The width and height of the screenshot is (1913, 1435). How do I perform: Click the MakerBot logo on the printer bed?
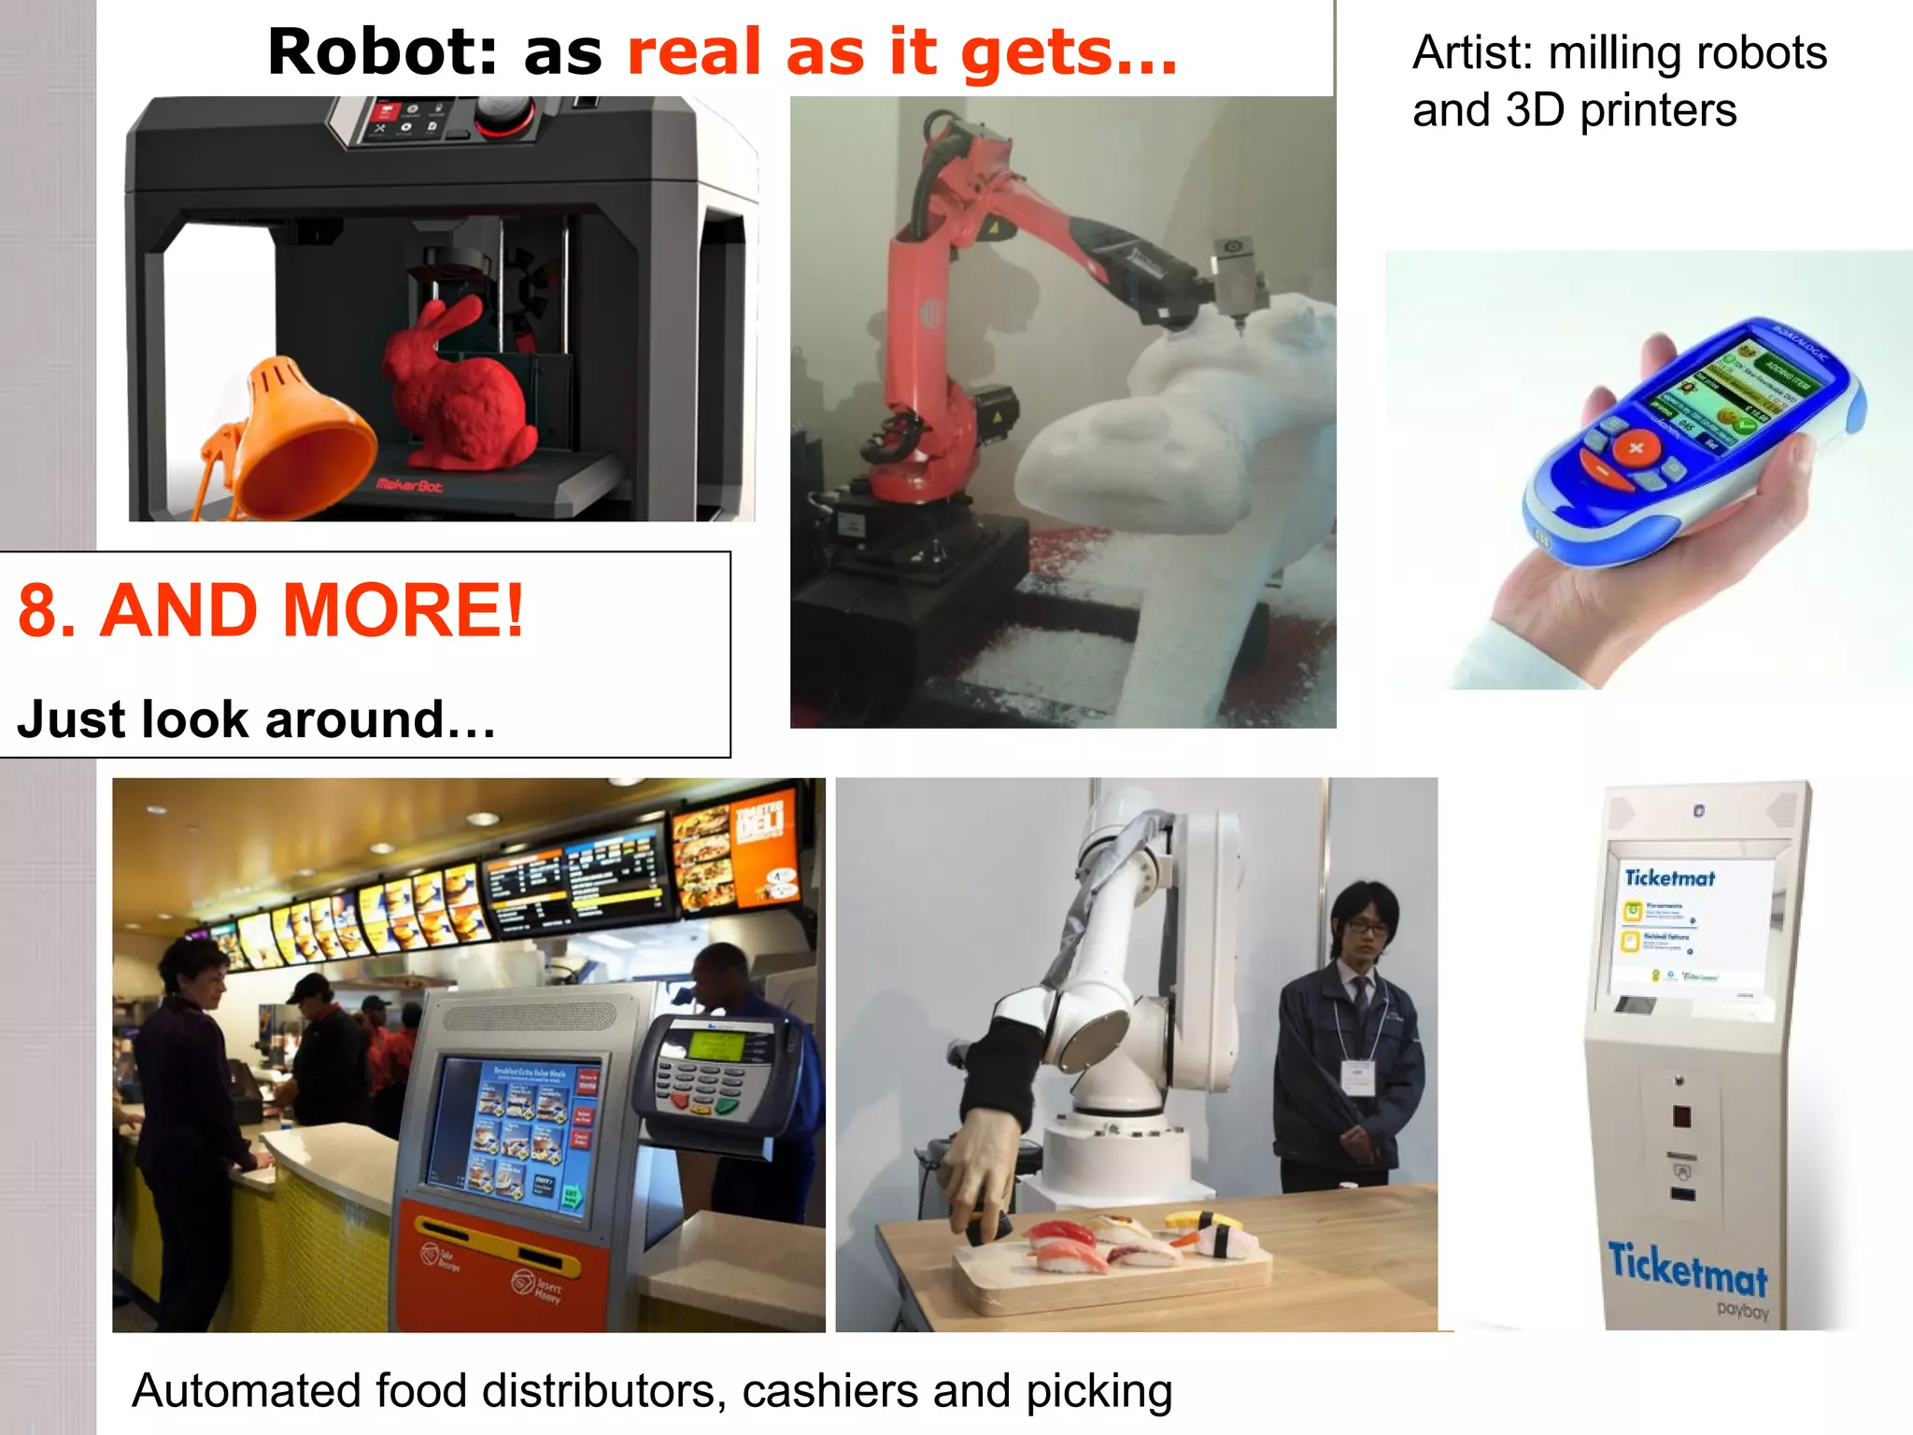[409, 485]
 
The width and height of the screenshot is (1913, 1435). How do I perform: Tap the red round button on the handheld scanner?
[1636, 448]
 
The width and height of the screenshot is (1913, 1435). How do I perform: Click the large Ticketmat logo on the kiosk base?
[1687, 1270]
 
